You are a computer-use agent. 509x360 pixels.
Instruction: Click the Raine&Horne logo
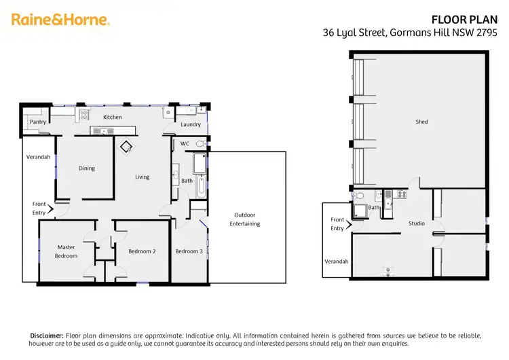(60, 20)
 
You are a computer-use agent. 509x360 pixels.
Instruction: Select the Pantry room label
(38, 122)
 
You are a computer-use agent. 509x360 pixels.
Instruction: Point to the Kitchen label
(112, 118)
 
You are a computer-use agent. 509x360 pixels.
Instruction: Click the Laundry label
(191, 124)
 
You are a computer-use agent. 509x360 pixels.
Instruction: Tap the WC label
(185, 144)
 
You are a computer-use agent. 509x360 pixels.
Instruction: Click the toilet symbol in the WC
(200, 144)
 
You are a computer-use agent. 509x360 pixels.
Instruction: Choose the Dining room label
(86, 168)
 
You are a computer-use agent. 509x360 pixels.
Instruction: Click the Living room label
(142, 177)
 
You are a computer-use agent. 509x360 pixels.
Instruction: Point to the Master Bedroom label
(67, 251)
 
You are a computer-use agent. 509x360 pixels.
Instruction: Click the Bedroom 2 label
(142, 251)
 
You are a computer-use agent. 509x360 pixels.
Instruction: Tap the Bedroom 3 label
(189, 251)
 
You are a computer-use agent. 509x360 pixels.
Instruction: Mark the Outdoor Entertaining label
(244, 219)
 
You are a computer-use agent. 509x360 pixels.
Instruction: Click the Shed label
(421, 122)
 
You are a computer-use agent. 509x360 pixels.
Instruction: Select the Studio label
(416, 223)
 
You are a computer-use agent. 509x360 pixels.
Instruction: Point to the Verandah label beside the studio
(336, 262)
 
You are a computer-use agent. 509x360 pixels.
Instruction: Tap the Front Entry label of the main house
(39, 208)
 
